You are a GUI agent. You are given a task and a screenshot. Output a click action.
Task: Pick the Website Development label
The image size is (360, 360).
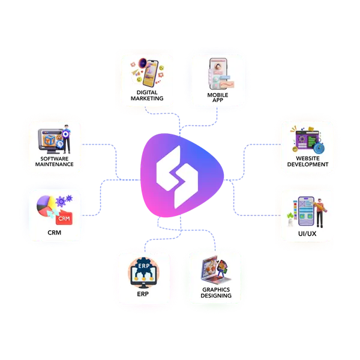click(308, 161)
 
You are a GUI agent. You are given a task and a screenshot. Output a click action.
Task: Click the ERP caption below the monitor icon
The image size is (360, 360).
click(143, 294)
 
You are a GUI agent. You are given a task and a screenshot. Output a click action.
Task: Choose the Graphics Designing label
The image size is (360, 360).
click(216, 293)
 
